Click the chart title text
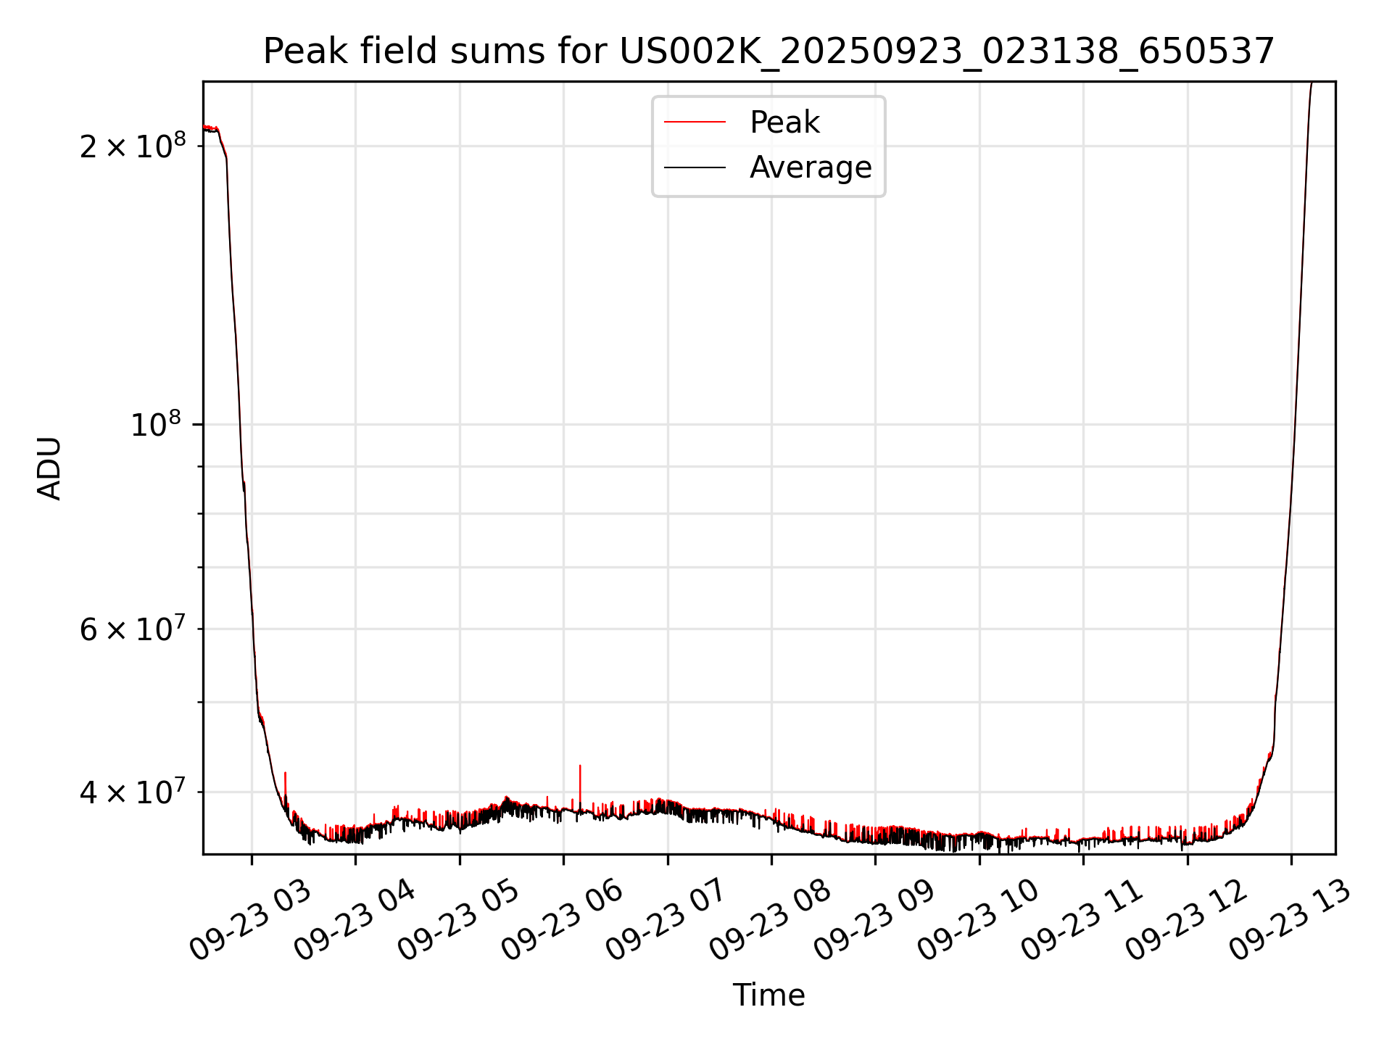(768, 51)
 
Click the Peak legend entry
(784, 123)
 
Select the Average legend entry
(811, 167)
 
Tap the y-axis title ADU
(49, 468)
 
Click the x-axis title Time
(768, 995)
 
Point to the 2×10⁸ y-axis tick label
(133, 146)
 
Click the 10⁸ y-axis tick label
(155, 424)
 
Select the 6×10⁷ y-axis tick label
(133, 629)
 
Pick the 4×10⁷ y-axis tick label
(133, 792)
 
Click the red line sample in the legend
(695, 123)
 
